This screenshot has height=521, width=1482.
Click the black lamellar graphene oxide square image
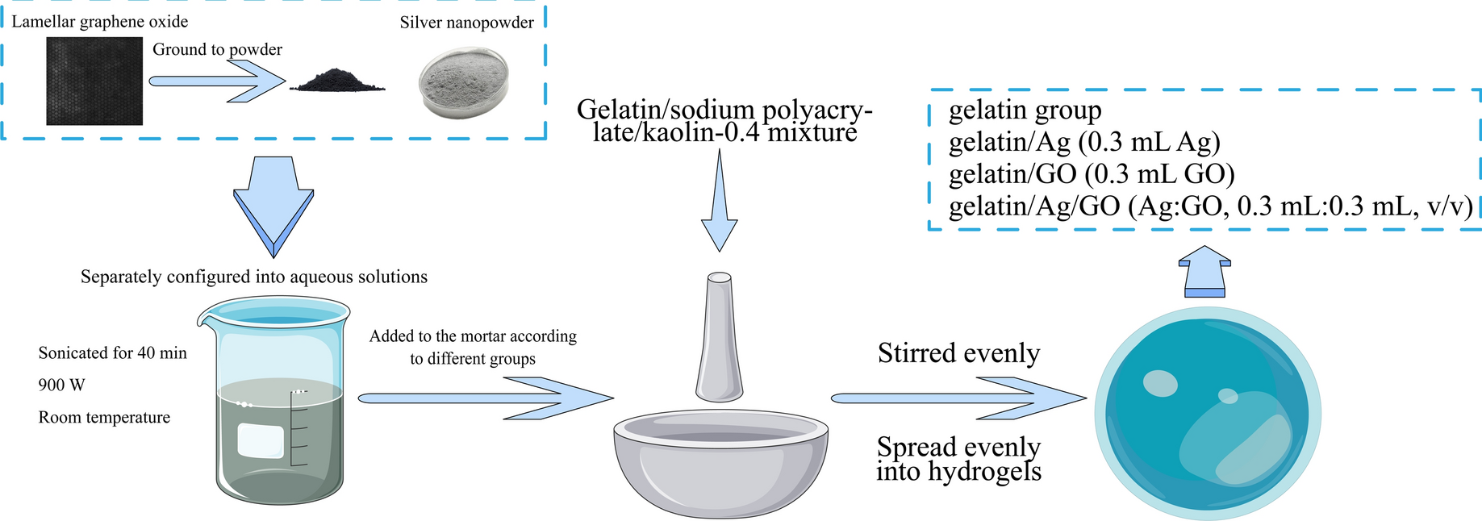pos(94,82)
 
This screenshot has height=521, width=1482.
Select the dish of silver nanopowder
pos(464,83)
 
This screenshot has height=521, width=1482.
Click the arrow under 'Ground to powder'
pos(216,81)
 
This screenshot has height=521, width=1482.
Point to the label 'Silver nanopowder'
pos(466,23)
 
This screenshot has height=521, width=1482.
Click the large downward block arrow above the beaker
pos(273,206)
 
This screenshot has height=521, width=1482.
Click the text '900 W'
pos(61,385)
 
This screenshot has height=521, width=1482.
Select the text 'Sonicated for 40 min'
pos(112,352)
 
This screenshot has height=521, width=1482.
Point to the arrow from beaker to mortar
pos(484,398)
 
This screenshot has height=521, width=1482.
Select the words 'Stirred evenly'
pos(958,353)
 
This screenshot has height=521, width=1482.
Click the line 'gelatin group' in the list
pos(1025,110)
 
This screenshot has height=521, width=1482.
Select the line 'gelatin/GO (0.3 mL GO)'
pos(1092,173)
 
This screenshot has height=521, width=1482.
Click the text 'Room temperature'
pos(104,417)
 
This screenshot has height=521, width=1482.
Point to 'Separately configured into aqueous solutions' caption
pos(254,277)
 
